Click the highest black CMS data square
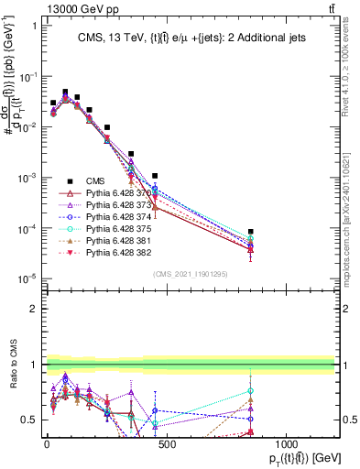pos(65,93)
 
